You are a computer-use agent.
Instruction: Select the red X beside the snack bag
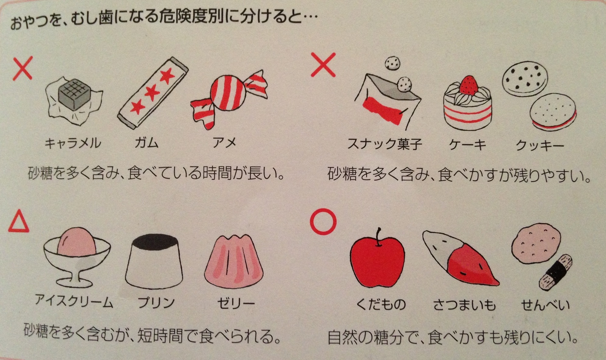click(323, 65)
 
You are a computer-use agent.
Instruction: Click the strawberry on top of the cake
click(469, 85)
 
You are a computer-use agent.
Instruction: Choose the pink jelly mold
click(234, 259)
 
